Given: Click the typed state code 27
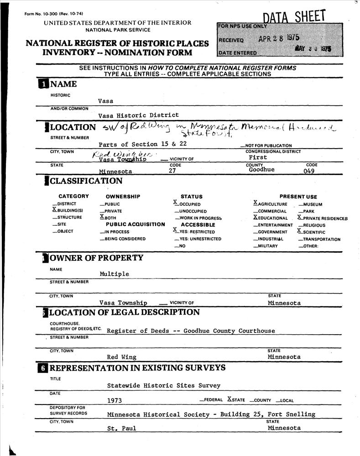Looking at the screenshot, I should (172, 171).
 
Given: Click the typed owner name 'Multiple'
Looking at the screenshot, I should (114, 274).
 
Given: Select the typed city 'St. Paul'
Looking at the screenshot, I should (121, 428).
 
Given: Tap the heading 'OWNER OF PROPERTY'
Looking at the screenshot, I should (96, 258).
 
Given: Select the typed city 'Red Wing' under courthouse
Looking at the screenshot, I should (121, 357).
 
